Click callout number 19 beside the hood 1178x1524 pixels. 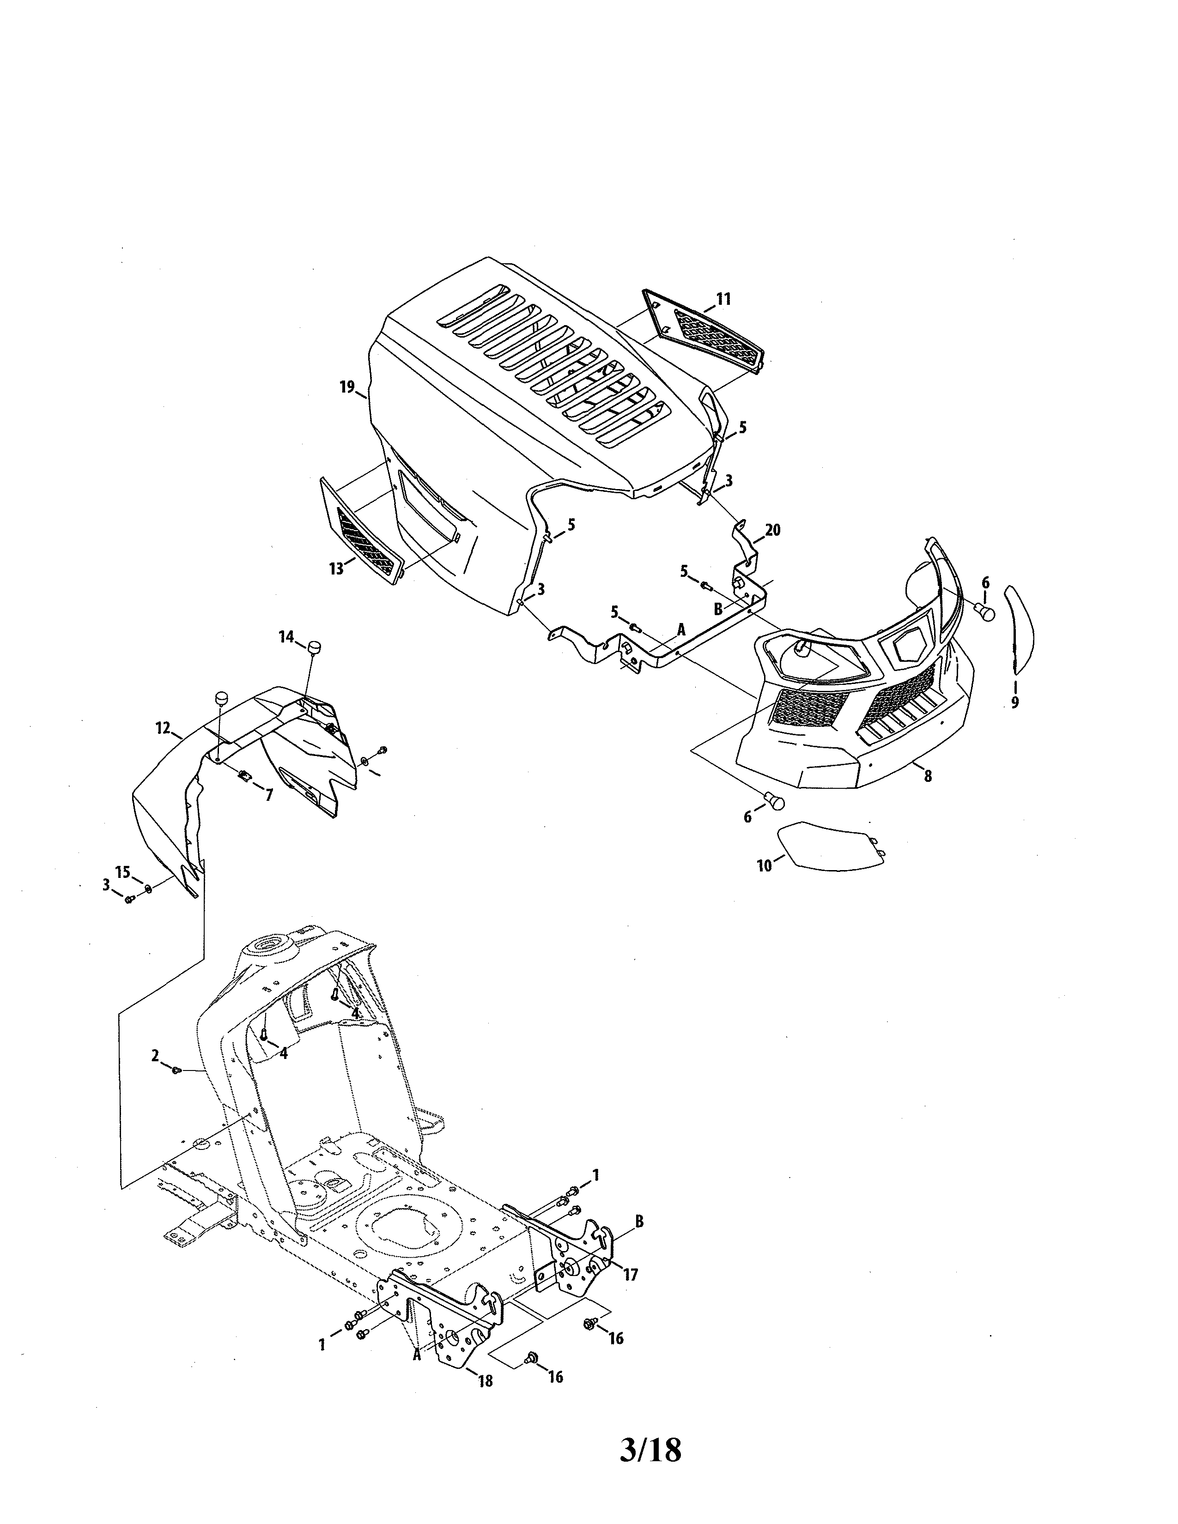(347, 387)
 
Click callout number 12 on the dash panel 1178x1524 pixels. (163, 728)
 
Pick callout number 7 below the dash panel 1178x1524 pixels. (269, 794)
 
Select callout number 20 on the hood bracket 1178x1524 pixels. (772, 530)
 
